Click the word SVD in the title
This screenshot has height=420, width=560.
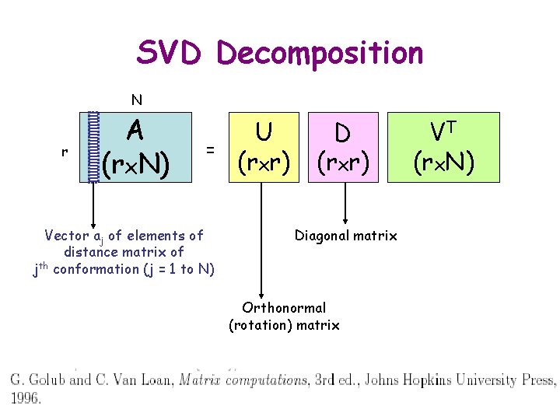170,53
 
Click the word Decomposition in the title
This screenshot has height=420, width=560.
320,54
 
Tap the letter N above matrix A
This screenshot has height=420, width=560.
136,100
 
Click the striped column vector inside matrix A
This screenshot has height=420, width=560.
93,147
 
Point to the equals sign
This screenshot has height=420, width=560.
210,147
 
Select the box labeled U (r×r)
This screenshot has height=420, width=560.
264,147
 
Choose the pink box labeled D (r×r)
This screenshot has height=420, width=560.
343,147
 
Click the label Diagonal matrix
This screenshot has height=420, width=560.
346,236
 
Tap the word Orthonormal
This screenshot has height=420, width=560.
284,308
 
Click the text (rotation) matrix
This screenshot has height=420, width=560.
284,325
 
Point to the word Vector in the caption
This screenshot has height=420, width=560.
65,235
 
